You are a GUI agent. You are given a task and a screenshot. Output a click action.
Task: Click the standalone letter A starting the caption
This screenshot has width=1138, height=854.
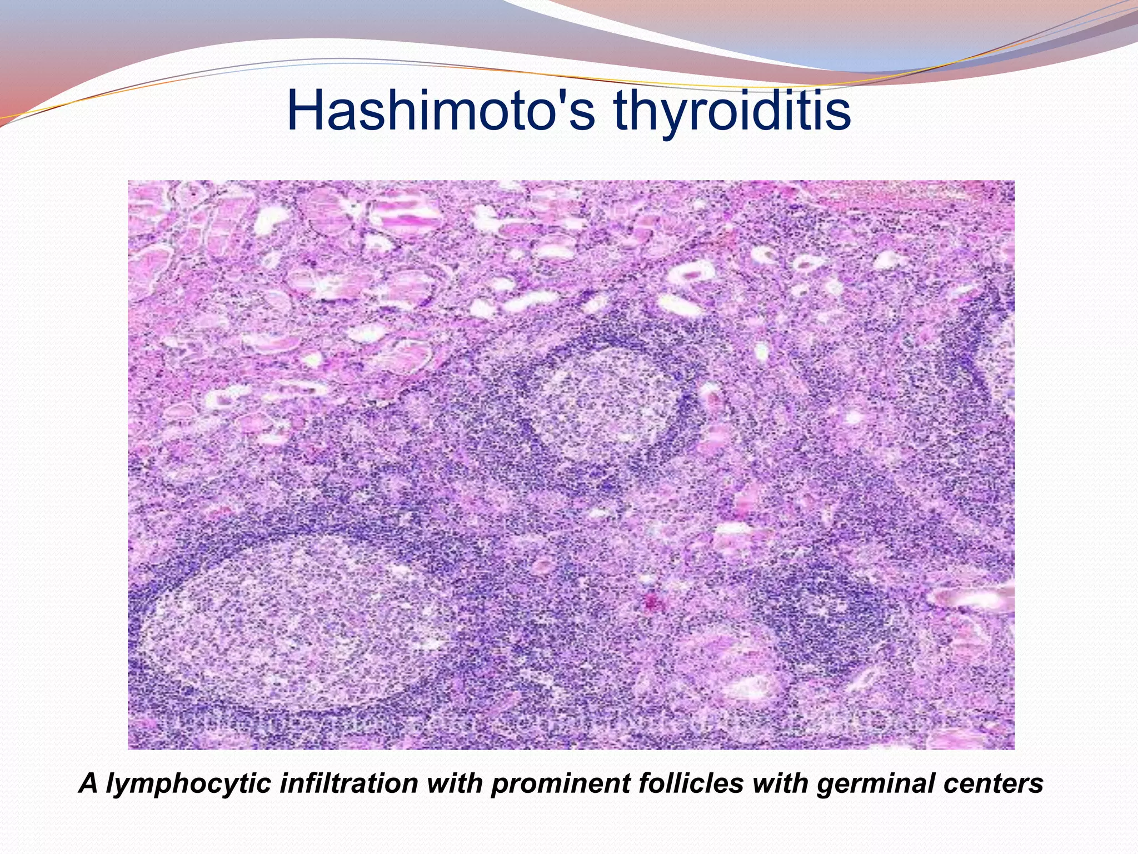pyautogui.click(x=88, y=783)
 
